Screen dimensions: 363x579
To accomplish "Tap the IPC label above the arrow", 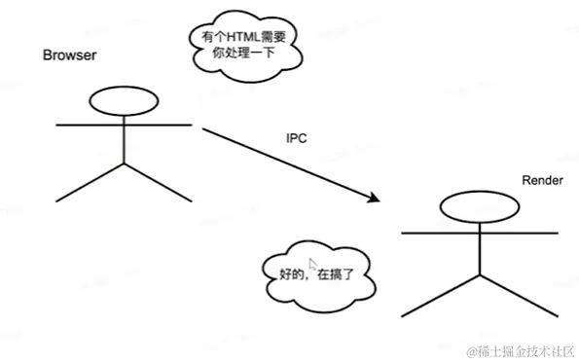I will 297,138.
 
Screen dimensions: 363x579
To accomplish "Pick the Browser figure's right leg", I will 159,184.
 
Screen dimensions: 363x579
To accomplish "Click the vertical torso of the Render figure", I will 478,251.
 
